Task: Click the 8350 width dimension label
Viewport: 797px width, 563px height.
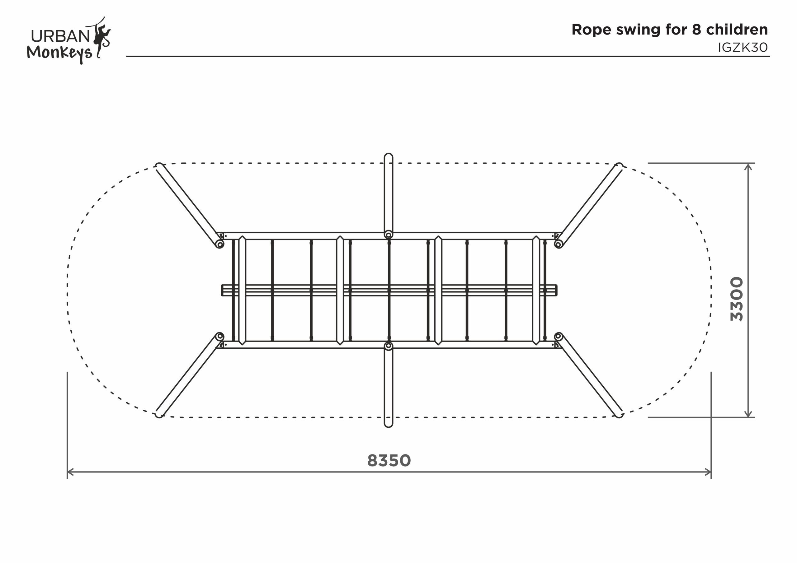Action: tap(389, 461)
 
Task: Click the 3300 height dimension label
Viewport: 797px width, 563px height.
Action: tap(737, 299)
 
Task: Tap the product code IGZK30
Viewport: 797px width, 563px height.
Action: tap(743, 48)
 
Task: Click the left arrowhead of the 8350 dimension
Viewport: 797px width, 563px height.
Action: tap(69, 472)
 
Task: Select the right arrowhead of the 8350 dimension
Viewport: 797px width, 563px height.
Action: tap(709, 472)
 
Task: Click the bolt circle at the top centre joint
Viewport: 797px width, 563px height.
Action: tap(389, 235)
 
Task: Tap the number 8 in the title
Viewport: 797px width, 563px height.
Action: tap(696, 30)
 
